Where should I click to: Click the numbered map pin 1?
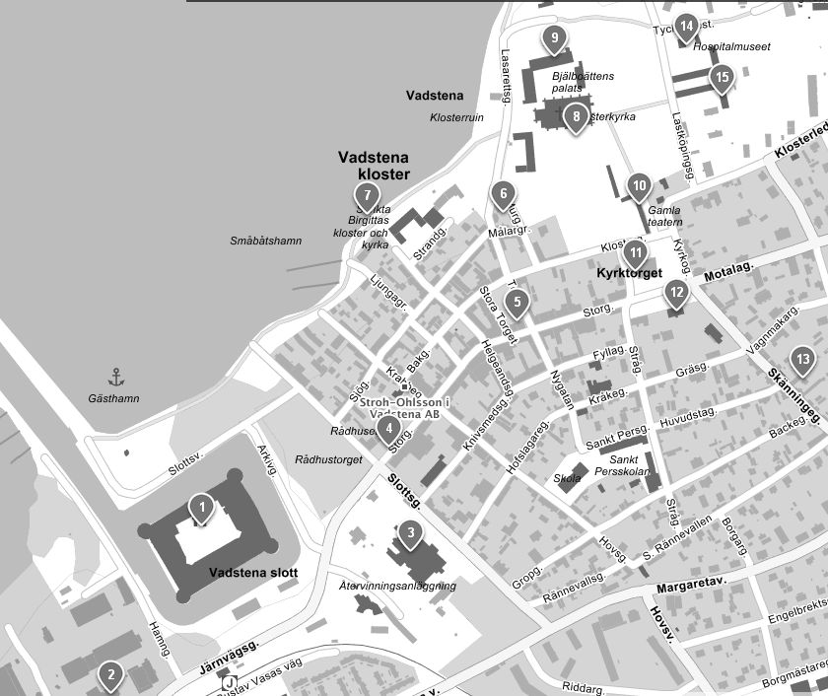click(202, 510)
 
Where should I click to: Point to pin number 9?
click(555, 39)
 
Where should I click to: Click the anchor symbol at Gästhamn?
click(115, 377)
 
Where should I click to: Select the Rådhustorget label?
click(329, 459)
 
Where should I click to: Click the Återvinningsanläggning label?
click(397, 586)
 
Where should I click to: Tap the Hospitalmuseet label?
click(731, 46)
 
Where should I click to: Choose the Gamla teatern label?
click(665, 216)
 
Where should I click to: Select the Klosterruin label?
click(457, 117)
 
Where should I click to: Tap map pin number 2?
click(111, 676)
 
